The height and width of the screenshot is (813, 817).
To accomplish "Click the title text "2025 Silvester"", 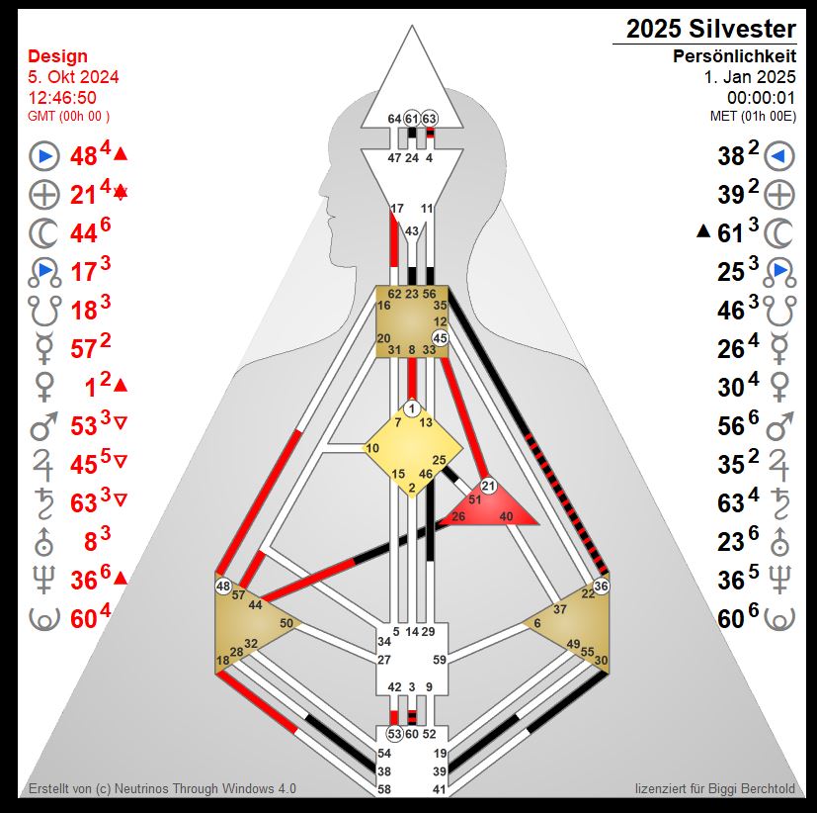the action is coord(710,29).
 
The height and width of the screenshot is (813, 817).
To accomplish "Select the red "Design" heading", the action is coord(57,55).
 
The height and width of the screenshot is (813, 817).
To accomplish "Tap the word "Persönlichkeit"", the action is coord(734,55).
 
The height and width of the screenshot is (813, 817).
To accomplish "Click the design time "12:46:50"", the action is coord(62,98).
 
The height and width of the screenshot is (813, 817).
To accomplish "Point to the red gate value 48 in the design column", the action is coord(83,156).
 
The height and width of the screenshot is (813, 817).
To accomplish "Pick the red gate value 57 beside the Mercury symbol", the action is coord(83,349).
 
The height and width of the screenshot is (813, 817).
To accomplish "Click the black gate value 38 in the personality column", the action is coord(730,156).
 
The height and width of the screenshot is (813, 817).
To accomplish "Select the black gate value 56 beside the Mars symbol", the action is coord(730,426).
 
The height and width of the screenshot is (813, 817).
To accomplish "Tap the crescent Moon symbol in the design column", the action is coord(43,233).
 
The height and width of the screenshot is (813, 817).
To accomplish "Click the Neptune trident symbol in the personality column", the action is coord(779,580).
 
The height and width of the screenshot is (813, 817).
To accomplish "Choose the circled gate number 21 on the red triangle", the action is coord(488,487).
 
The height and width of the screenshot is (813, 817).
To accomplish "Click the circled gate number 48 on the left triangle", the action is coord(223,587).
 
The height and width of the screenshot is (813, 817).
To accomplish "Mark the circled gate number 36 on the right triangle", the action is coord(601,587).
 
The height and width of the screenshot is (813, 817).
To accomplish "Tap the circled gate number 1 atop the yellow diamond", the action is coord(412,408).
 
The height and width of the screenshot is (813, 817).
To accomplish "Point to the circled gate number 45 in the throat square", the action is coord(441,338).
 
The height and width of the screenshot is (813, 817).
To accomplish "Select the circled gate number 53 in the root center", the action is coord(394,734).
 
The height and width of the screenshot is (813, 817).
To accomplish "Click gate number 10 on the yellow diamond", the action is coord(372,448).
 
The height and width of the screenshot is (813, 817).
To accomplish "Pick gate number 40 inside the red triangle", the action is coord(506,516).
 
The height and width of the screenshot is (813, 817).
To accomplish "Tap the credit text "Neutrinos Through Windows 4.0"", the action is coord(205,788).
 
